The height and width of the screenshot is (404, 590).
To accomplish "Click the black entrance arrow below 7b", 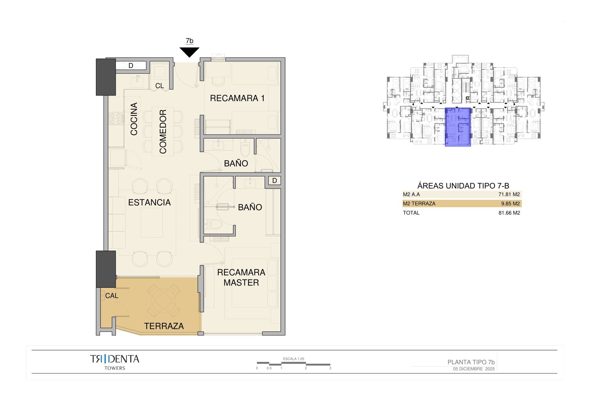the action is [190, 52].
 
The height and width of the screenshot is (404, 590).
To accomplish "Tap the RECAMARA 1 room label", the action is [237, 98].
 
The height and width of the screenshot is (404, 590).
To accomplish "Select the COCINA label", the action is [134, 119].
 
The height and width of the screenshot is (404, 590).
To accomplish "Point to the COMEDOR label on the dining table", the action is [163, 132].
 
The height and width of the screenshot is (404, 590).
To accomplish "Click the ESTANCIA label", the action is [149, 202].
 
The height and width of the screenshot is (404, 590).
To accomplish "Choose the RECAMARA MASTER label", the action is [241, 277].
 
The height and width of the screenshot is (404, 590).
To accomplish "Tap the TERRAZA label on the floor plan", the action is [164, 326].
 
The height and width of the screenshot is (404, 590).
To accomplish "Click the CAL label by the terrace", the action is [112, 296].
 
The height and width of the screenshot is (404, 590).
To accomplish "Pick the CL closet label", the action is [159, 86].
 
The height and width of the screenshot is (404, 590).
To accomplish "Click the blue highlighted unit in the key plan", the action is [458, 127].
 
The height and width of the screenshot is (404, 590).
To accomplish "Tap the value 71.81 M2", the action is [509, 194].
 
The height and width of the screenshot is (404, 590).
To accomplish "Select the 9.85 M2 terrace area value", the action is [510, 204].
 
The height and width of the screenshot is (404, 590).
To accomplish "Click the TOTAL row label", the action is [411, 213].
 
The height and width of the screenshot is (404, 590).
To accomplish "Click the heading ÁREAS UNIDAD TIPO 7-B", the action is [463, 186].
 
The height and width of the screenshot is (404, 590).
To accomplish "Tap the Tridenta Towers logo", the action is [115, 362].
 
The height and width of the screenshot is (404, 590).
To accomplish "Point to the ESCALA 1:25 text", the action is [293, 359].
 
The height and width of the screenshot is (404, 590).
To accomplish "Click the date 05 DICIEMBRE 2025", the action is [474, 369].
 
